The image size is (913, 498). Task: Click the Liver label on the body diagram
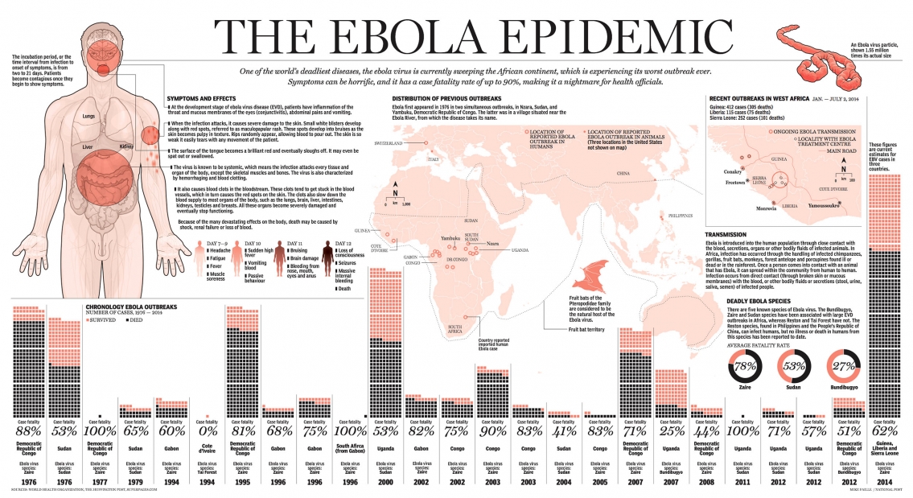pyautogui.click(x=88, y=147)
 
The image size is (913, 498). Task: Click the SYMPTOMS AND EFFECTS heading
pyautogui.click(x=195, y=97)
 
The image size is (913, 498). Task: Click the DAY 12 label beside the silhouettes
pyautogui.click(x=342, y=243)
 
